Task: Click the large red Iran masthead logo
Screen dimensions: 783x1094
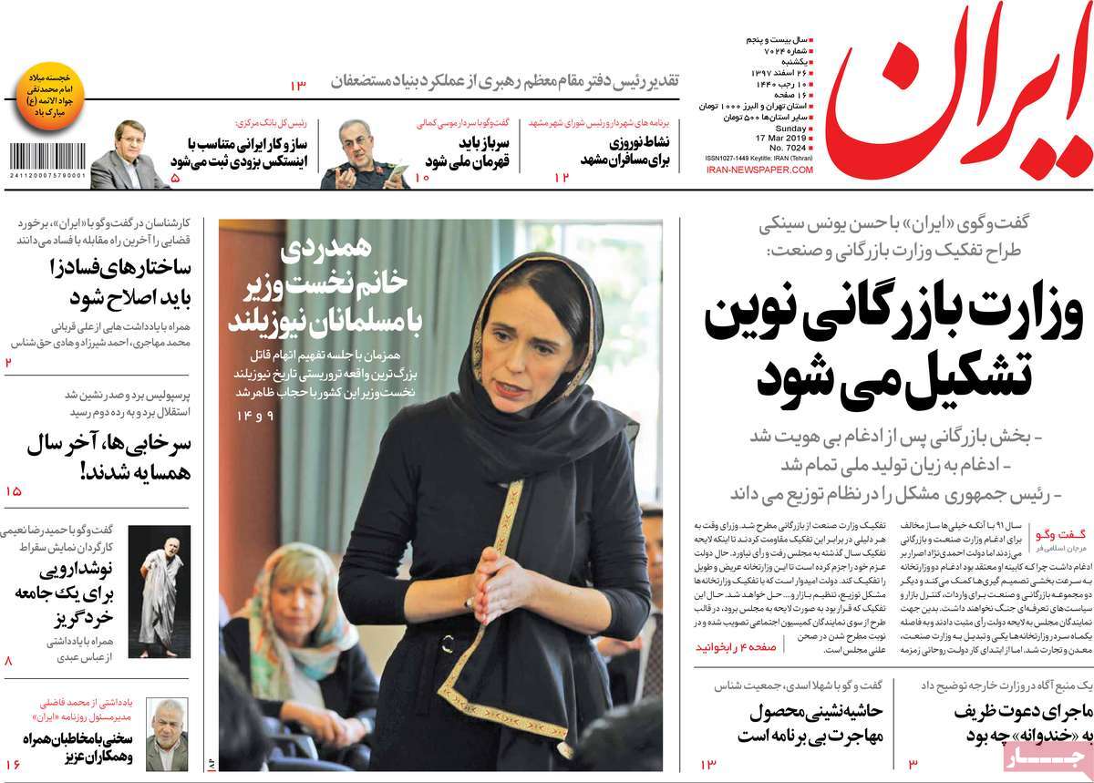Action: point(962,100)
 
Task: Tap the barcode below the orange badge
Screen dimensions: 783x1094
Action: point(45,155)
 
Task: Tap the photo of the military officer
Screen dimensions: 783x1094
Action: point(364,155)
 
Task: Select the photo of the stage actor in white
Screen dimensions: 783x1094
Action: point(159,591)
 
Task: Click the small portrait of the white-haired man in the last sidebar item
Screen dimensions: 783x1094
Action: point(167,734)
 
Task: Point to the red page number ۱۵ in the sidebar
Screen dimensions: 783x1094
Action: point(13,491)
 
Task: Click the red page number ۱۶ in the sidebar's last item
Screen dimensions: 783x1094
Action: point(12,764)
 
